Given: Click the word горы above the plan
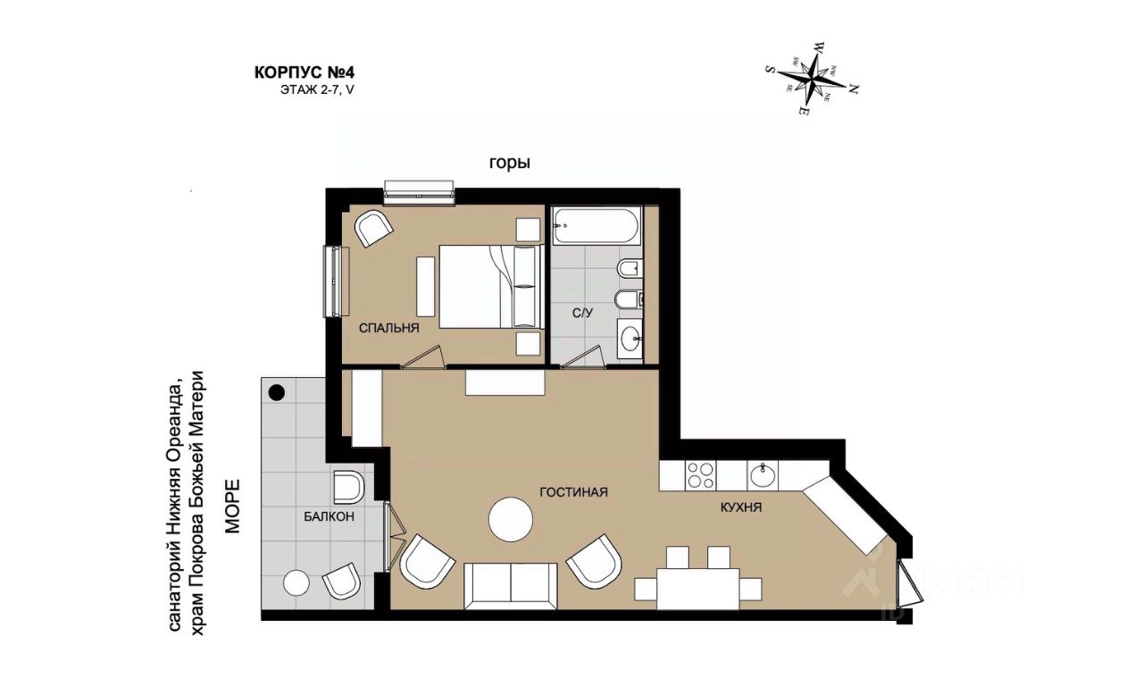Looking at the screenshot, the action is (x=510, y=163).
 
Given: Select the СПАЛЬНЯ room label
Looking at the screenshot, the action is (x=388, y=328).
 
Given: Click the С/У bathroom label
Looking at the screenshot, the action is (x=582, y=313).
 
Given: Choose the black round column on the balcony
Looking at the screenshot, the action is (x=277, y=392).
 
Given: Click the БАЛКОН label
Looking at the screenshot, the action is (x=330, y=516).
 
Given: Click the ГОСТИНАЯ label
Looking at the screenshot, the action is (x=573, y=492).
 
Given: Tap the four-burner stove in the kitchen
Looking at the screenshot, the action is (x=700, y=475).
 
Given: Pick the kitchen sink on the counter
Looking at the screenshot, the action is (x=763, y=475).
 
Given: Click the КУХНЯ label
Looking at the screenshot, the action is (x=741, y=507).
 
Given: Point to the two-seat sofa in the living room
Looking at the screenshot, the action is (x=511, y=586).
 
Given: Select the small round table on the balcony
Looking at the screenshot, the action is (x=296, y=582).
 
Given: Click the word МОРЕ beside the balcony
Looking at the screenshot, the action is (x=233, y=507).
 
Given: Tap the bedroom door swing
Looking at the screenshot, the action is (x=422, y=356).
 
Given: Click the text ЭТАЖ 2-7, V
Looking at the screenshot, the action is (x=317, y=90).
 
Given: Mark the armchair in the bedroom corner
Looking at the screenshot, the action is (x=374, y=228).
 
